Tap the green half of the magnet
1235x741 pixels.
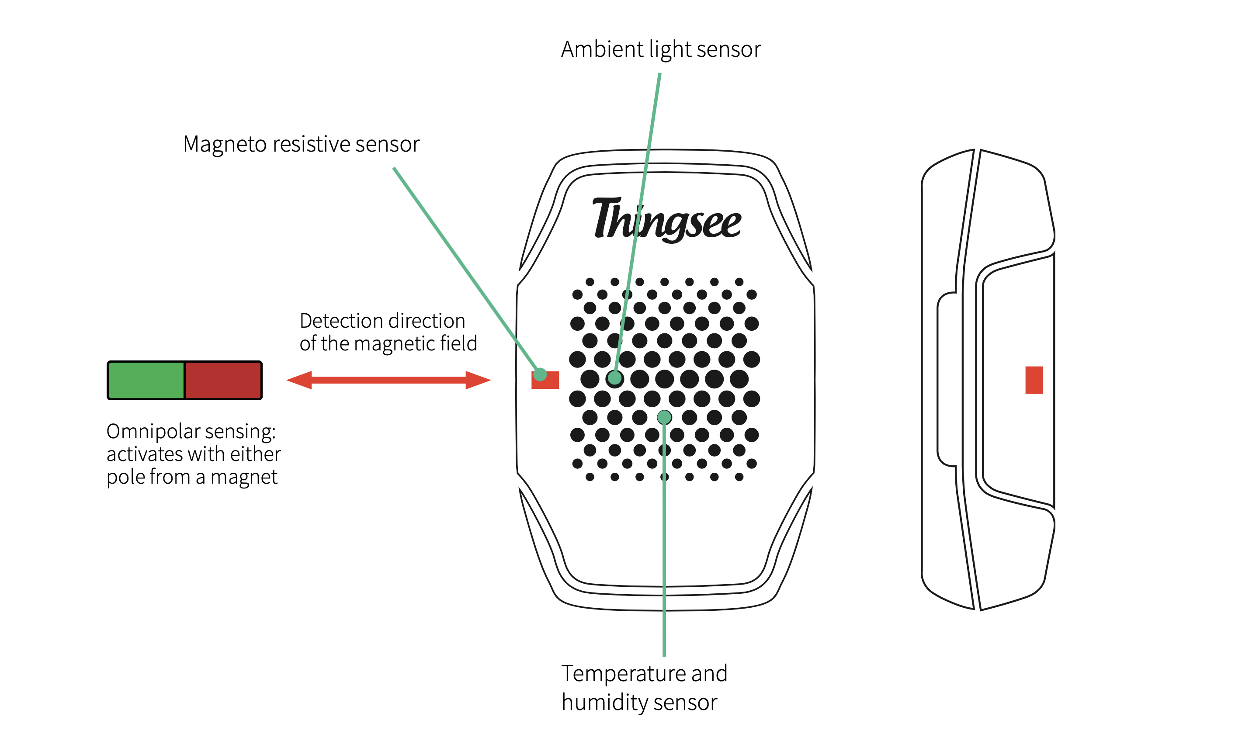(146, 381)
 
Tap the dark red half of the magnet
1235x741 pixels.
(223, 381)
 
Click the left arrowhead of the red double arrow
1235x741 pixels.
(300, 380)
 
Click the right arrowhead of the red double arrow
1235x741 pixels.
(477, 380)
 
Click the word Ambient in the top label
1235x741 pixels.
(602, 49)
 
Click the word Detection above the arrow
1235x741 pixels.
(343, 321)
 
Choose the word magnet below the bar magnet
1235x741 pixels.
(244, 478)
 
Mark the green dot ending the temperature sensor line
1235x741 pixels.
(664, 417)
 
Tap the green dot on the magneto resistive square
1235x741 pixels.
(540, 374)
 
